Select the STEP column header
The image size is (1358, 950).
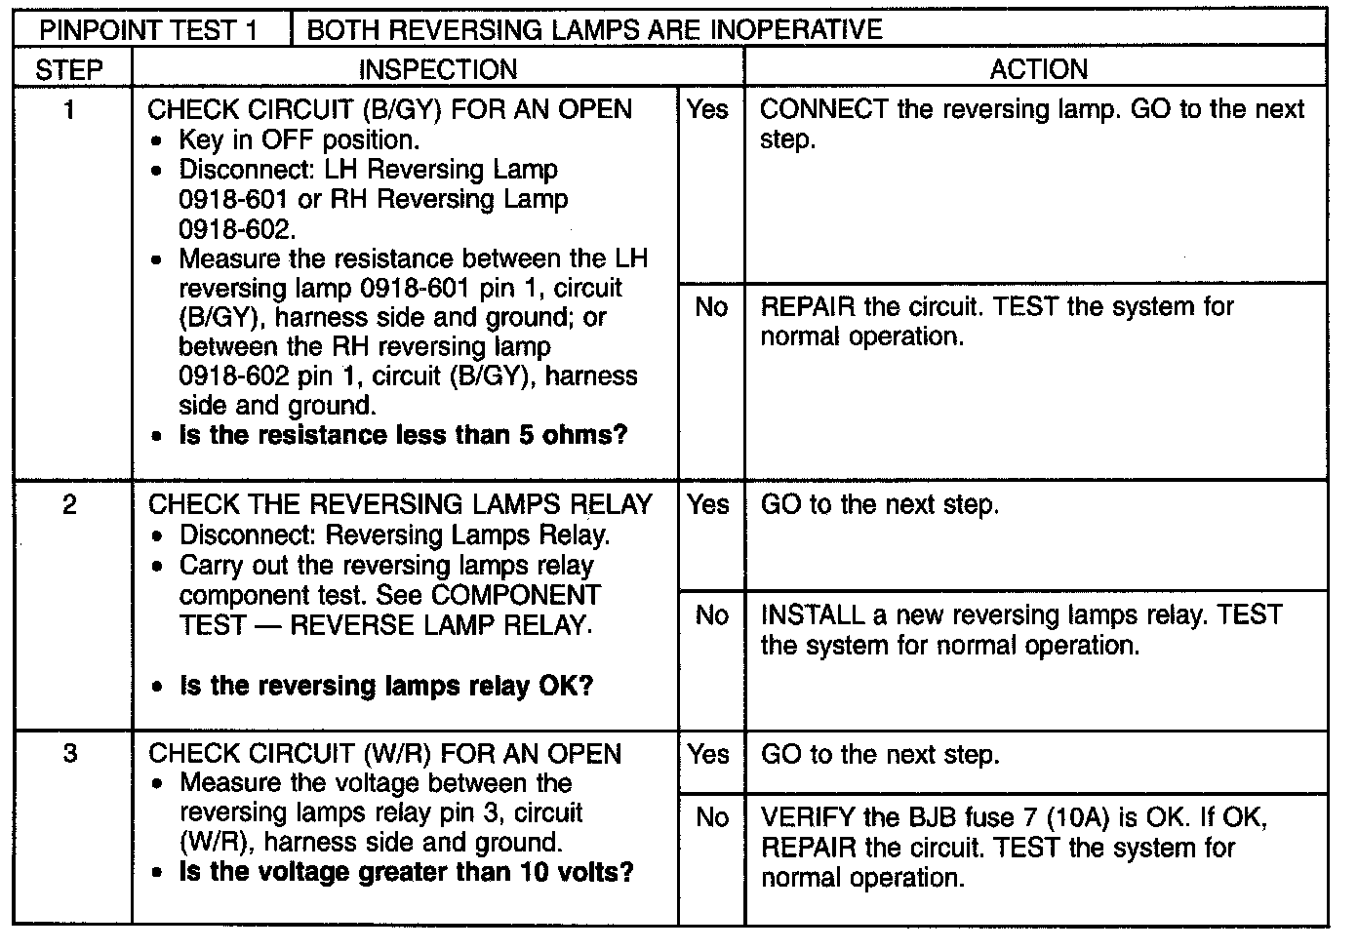(69, 69)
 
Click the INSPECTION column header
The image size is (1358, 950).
(438, 69)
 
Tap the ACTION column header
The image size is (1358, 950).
(1039, 69)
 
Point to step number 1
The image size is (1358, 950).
(69, 110)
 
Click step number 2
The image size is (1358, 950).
(69, 504)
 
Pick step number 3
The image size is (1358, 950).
(69, 754)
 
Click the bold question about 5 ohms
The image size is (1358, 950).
(403, 435)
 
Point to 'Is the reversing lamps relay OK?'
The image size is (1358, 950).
(386, 687)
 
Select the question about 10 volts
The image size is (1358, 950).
(406, 872)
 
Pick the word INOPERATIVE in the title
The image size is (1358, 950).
(796, 29)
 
